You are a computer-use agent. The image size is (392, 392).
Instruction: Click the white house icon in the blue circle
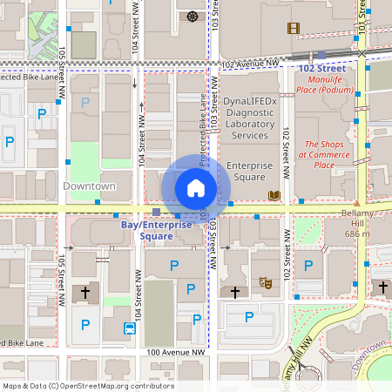click(x=196, y=188)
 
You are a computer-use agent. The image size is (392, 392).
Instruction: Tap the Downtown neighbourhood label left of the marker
click(x=89, y=186)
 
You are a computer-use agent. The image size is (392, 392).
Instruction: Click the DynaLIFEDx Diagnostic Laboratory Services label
click(x=251, y=118)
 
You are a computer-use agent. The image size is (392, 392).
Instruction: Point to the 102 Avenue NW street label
click(x=251, y=64)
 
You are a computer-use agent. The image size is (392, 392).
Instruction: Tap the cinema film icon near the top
click(x=294, y=28)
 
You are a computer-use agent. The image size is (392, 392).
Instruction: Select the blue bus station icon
click(x=129, y=328)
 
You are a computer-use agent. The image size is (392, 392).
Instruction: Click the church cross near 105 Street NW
click(x=84, y=294)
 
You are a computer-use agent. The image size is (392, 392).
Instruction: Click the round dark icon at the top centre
click(x=192, y=17)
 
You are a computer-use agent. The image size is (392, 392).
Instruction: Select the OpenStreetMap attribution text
click(x=87, y=386)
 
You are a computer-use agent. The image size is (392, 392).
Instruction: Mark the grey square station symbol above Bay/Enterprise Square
click(x=156, y=212)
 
